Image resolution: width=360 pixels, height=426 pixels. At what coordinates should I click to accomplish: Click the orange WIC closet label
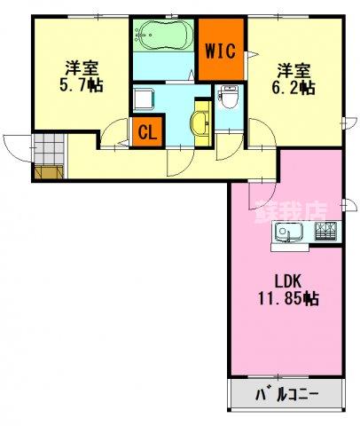(x=221, y=50)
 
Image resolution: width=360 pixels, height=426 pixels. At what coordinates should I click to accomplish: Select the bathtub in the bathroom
(x=162, y=38)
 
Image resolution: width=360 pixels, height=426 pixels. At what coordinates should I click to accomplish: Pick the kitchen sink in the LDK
(x=289, y=233)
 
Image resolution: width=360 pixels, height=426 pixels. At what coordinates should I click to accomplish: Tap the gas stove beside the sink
(x=325, y=233)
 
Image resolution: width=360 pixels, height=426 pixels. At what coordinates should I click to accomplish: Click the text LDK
(x=286, y=281)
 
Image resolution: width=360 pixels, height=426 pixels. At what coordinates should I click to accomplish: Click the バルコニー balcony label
(x=286, y=392)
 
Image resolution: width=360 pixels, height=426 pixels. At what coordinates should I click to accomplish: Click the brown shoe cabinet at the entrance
(x=49, y=170)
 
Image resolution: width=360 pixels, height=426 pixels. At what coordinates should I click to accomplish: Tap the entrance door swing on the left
(x=17, y=146)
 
